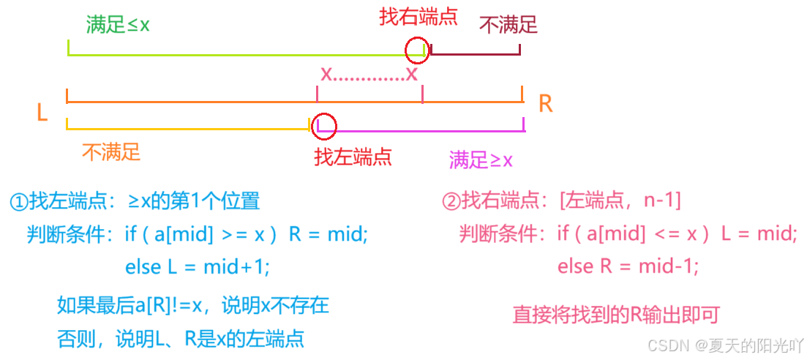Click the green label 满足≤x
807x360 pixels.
(118, 24)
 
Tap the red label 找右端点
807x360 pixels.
(418, 16)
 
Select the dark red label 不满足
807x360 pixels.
(508, 25)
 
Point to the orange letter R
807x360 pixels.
(545, 104)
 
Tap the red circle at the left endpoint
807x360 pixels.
(324, 125)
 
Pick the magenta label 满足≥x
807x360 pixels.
(481, 160)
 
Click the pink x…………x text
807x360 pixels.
(369, 73)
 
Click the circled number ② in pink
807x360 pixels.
(451, 200)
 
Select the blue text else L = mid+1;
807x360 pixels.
(197, 267)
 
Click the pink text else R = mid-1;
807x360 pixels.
(628, 266)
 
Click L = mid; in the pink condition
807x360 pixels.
(758, 233)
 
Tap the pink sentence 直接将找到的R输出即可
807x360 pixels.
(616, 315)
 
